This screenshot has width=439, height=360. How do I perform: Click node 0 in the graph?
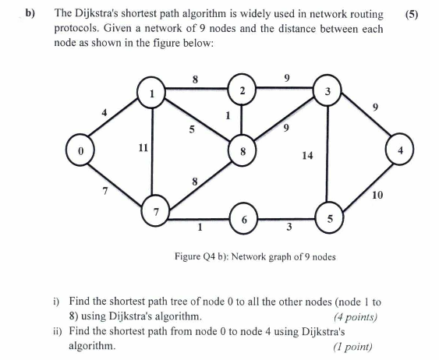click(x=80, y=149)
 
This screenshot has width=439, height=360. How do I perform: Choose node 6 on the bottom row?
click(x=244, y=220)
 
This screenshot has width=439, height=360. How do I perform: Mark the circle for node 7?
click(x=155, y=211)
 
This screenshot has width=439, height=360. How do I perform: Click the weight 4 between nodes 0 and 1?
click(x=103, y=111)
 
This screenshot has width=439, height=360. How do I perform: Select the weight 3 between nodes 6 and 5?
click(x=289, y=228)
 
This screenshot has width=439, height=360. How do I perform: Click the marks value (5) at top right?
click(x=413, y=14)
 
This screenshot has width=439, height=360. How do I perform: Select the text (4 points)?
click(x=355, y=317)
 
